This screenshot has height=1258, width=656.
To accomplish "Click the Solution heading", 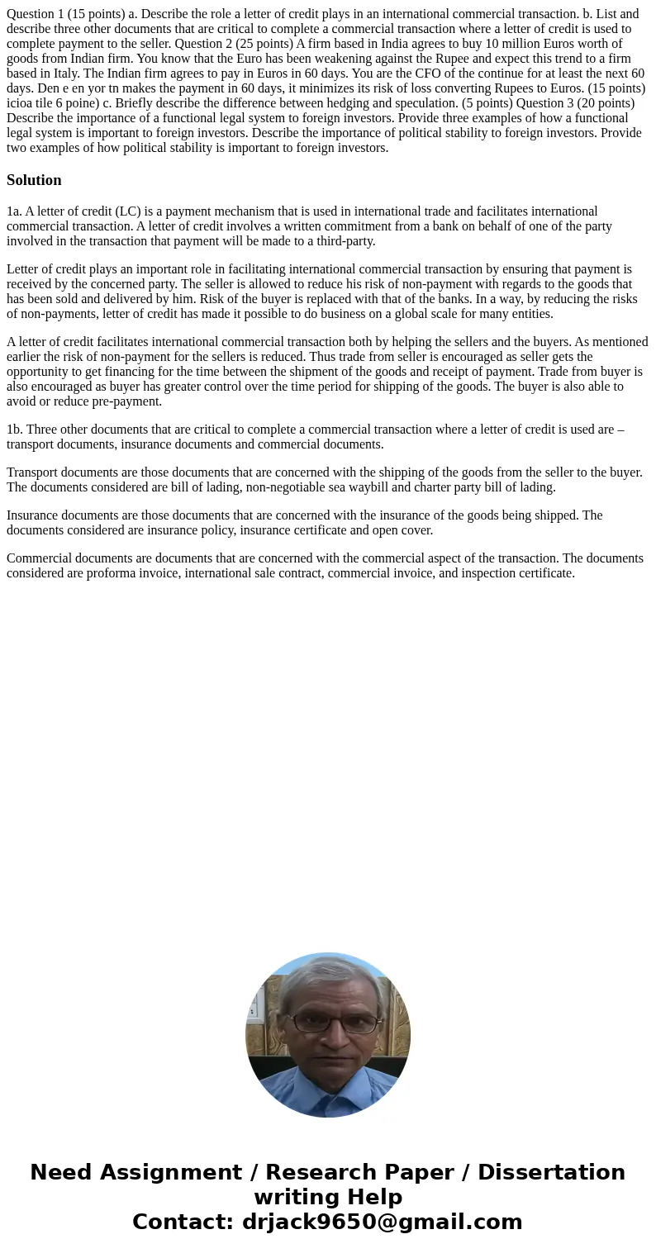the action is (x=34, y=180).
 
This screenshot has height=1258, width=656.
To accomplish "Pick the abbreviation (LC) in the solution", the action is (x=121, y=211).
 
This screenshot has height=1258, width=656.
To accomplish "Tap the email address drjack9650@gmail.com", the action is (x=382, y=1222).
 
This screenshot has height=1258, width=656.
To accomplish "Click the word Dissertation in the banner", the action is (x=551, y=1173).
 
